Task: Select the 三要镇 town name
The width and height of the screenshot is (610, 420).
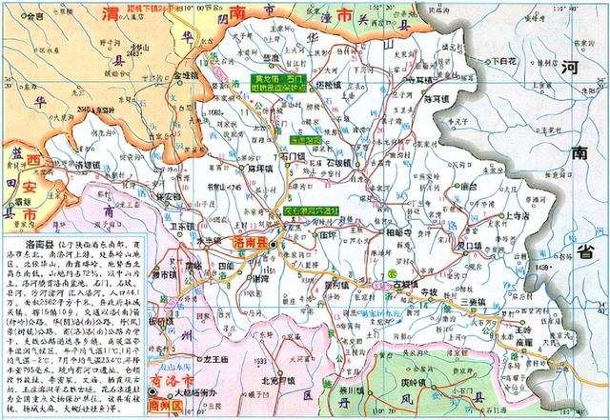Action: coord(472,303)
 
